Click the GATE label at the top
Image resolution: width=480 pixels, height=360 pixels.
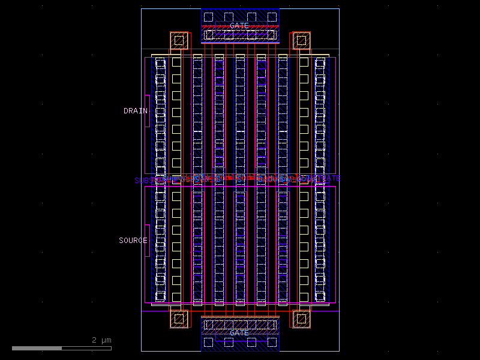tap(239, 26)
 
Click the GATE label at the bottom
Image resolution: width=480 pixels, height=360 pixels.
tap(239, 332)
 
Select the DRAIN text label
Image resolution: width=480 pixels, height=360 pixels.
tap(136, 111)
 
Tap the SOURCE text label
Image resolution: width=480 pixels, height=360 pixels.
tap(133, 241)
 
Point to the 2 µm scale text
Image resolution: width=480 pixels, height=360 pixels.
tap(101, 340)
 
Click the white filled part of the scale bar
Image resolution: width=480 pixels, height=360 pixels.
tap(37, 348)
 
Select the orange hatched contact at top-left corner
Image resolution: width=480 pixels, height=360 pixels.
tap(179, 41)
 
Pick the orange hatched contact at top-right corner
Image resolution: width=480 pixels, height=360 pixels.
tap(301, 41)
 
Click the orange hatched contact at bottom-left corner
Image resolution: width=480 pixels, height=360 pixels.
tap(179, 319)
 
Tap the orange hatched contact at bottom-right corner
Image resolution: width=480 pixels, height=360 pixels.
tap(301, 319)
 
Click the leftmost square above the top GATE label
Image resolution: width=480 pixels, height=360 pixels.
tap(208, 16)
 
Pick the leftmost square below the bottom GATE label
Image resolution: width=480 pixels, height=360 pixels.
tap(208, 342)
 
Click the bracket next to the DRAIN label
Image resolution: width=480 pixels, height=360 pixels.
tap(148, 111)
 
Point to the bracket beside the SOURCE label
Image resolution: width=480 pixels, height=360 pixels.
tap(148, 241)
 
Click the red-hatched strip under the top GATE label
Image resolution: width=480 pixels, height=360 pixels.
tap(240, 35)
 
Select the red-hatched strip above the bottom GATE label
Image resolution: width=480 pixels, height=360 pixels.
tap(240, 325)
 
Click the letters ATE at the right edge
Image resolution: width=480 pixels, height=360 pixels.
tap(334, 178)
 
